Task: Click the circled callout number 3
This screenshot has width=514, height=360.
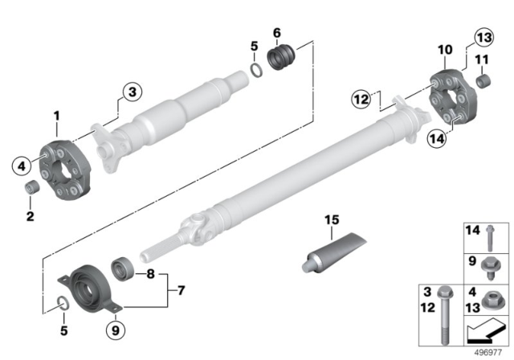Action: (x=133, y=92)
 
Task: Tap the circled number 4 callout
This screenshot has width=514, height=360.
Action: (x=22, y=166)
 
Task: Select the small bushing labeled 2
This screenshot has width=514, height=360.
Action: (x=32, y=187)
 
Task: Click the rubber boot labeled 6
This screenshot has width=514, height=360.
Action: (x=282, y=57)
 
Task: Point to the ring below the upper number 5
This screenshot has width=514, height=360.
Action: (x=257, y=71)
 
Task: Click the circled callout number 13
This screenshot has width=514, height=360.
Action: (x=484, y=38)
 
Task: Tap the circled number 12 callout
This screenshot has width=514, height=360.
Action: (x=361, y=99)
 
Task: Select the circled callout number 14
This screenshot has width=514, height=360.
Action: (x=437, y=138)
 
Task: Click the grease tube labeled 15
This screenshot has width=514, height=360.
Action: (x=334, y=253)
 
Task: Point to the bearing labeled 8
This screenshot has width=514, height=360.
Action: (x=123, y=269)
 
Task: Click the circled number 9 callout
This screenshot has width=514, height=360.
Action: (x=116, y=330)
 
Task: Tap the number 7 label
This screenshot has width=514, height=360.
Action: (x=182, y=291)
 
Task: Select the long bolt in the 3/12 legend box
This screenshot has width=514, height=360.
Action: (x=445, y=316)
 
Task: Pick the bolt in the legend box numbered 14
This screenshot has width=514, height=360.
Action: (x=490, y=238)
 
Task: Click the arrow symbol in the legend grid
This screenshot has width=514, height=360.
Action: (x=487, y=331)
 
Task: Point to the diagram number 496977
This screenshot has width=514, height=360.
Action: (x=488, y=353)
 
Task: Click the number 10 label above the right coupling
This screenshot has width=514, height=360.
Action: (x=445, y=50)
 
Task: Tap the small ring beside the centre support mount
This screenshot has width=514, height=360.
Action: (x=63, y=303)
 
